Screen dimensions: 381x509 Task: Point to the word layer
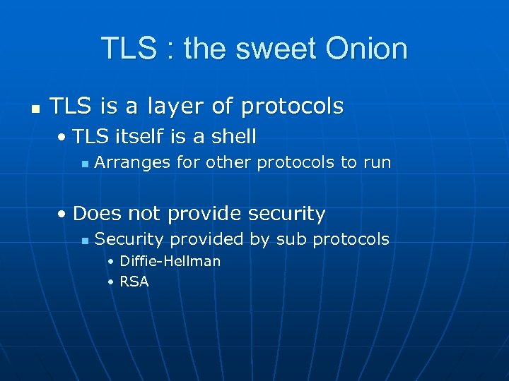point(176,107)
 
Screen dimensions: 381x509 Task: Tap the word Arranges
point(133,162)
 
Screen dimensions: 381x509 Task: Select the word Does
point(95,213)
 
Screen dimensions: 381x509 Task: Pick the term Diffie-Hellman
point(170,261)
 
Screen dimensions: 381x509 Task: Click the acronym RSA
point(134,282)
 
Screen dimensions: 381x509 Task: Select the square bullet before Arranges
point(84,164)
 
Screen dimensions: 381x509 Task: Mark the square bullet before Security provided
point(84,241)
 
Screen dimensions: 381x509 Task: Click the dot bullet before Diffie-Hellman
point(110,262)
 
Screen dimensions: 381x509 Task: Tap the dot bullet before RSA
point(110,282)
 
